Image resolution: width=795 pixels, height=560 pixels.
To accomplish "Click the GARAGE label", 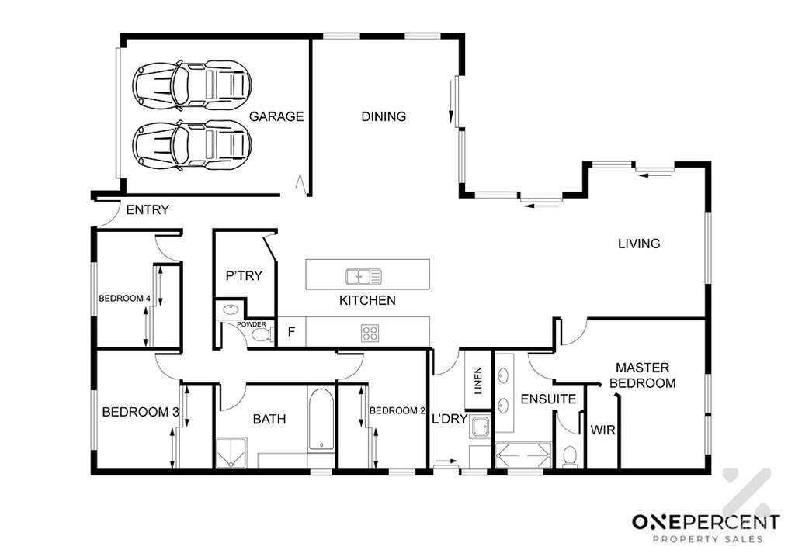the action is tap(276, 116).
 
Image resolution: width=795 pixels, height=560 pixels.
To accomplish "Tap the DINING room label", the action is tap(384, 116).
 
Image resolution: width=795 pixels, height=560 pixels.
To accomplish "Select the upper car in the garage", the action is tap(193, 84).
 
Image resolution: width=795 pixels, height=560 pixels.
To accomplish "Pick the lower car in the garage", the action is tap(193, 144).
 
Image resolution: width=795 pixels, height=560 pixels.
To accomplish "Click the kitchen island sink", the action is tap(363, 276).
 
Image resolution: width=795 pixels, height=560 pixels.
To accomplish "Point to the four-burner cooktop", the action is tap(370, 333).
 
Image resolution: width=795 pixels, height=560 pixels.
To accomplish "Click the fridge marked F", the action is tap(292, 332).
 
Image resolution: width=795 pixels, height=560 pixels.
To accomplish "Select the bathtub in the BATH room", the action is tap(321, 420).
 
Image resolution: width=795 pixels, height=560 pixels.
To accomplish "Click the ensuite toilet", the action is tap(570, 457).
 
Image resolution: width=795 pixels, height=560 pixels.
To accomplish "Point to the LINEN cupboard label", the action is tap(477, 381).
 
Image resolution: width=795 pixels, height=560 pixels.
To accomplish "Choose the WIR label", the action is tap(602, 430).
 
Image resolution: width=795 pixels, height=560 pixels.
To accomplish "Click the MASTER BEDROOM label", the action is tap(642, 375).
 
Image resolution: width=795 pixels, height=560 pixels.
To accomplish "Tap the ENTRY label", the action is tap(148, 209).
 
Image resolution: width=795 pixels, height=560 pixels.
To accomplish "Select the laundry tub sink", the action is tap(479, 427).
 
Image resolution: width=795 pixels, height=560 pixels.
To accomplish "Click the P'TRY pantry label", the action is tap(244, 276).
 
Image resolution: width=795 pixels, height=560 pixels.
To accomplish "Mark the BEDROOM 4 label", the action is tap(124, 299).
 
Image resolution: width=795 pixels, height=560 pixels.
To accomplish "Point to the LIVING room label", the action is tap(639, 244).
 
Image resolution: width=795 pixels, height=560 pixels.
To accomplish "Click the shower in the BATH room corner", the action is tap(231, 453).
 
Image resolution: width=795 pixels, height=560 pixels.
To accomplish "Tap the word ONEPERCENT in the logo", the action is tap(706, 522).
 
